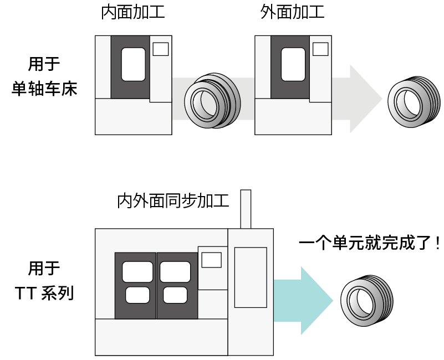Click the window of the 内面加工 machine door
[133, 64]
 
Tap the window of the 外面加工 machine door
[293, 64]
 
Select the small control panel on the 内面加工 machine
[160, 49]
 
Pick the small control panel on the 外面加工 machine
[320, 49]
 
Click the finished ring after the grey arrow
[411, 104]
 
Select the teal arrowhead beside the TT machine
[316, 300]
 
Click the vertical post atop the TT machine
[245, 209]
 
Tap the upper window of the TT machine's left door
[137, 272]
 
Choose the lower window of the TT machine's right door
[175, 295]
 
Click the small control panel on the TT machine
[212, 260]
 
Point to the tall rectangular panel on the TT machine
[251, 277]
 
